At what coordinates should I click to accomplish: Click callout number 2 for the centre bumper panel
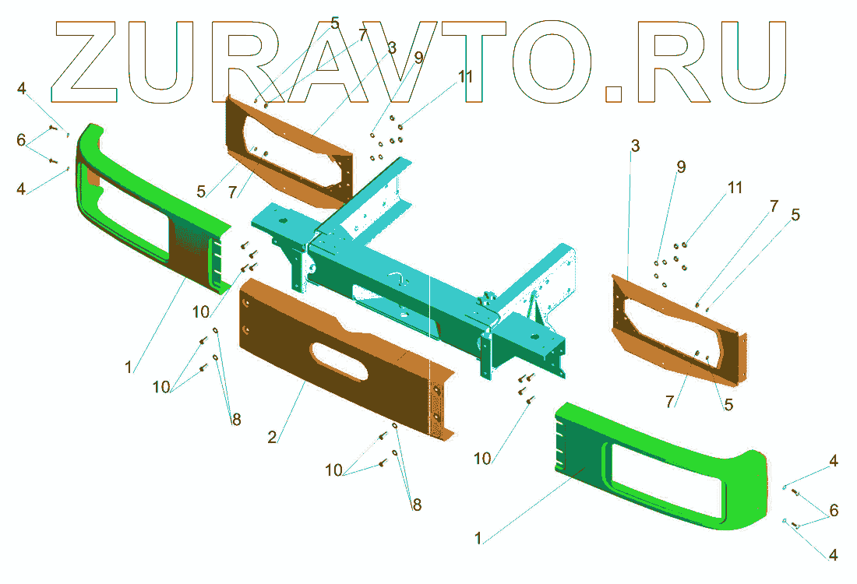pyautogui.click(x=272, y=437)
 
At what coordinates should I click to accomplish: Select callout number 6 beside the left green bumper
pyautogui.click(x=21, y=140)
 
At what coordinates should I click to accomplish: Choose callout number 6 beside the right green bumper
pyautogui.click(x=834, y=511)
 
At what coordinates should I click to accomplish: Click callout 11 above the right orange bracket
pyautogui.click(x=735, y=188)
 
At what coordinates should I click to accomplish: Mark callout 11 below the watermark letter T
pyautogui.click(x=465, y=76)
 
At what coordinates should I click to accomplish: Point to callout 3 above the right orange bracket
pyautogui.click(x=635, y=146)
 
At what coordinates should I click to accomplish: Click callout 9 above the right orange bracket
pyautogui.click(x=681, y=167)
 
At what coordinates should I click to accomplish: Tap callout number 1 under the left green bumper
pyautogui.click(x=129, y=367)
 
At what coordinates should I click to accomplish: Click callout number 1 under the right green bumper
pyautogui.click(x=478, y=538)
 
